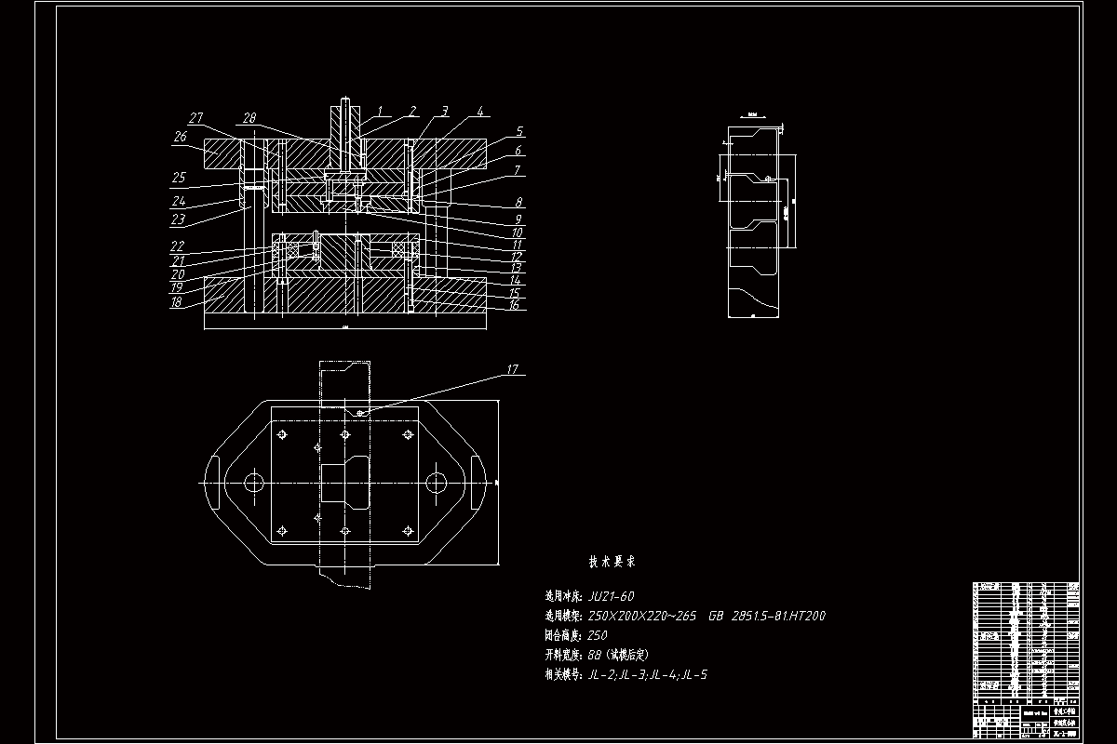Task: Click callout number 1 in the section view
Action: click(380, 111)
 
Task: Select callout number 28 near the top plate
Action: click(249, 117)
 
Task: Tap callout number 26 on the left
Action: click(180, 137)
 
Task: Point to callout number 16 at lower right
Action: click(514, 304)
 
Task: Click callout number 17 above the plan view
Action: click(512, 369)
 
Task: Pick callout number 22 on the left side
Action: click(176, 246)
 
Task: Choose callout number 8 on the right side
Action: click(518, 202)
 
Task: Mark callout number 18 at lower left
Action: click(176, 302)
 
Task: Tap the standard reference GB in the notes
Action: click(717, 616)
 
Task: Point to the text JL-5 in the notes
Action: click(694, 675)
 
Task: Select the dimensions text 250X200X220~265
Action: click(643, 616)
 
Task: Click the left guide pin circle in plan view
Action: click(252, 482)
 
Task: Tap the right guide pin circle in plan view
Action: click(435, 482)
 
